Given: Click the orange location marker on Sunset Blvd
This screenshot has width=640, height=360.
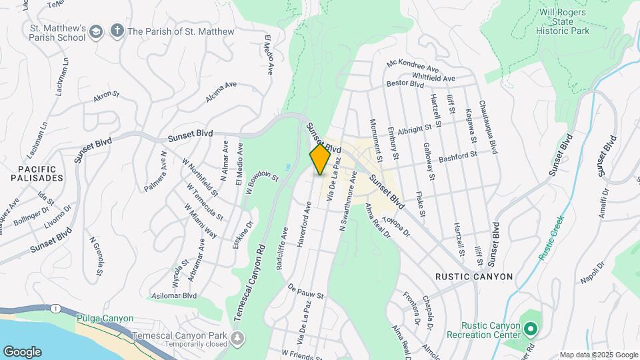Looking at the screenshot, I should tap(320, 159).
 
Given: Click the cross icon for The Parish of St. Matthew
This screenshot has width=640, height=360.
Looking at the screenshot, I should tap(117, 31).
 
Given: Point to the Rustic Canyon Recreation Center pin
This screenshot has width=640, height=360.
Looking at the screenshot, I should tap(530, 329).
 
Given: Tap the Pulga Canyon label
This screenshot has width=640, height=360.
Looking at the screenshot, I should tap(105, 319).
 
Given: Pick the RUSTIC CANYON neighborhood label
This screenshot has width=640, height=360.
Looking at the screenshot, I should tap(474, 277).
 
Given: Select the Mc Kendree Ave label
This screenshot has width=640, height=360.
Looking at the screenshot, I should tap(413, 67).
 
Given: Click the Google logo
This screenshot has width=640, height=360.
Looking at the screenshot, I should tap(21, 352).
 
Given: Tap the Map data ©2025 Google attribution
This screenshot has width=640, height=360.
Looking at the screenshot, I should tap(598, 355).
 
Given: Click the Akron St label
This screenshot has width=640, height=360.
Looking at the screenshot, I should tap(106, 97).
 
